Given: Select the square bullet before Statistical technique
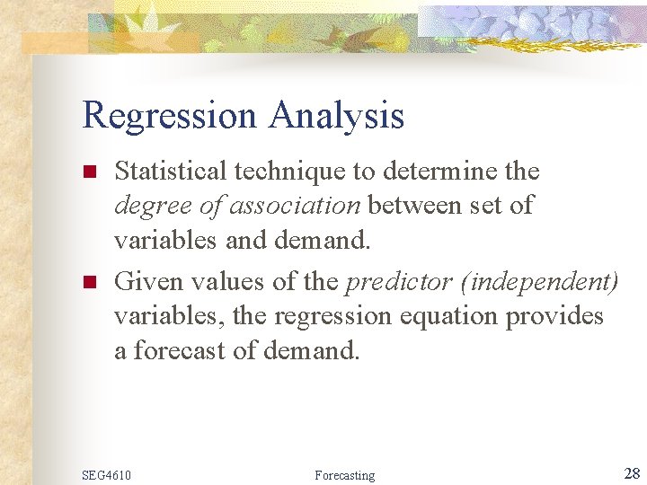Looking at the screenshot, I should [x=89, y=172].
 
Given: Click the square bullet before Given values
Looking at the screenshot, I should [x=89, y=283].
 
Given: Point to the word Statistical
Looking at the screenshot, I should [x=175, y=171].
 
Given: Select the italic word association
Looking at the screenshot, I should [x=294, y=206].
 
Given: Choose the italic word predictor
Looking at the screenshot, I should [x=393, y=282].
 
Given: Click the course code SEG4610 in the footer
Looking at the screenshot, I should [x=106, y=474].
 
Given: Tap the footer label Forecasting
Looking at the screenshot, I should [x=345, y=474].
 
